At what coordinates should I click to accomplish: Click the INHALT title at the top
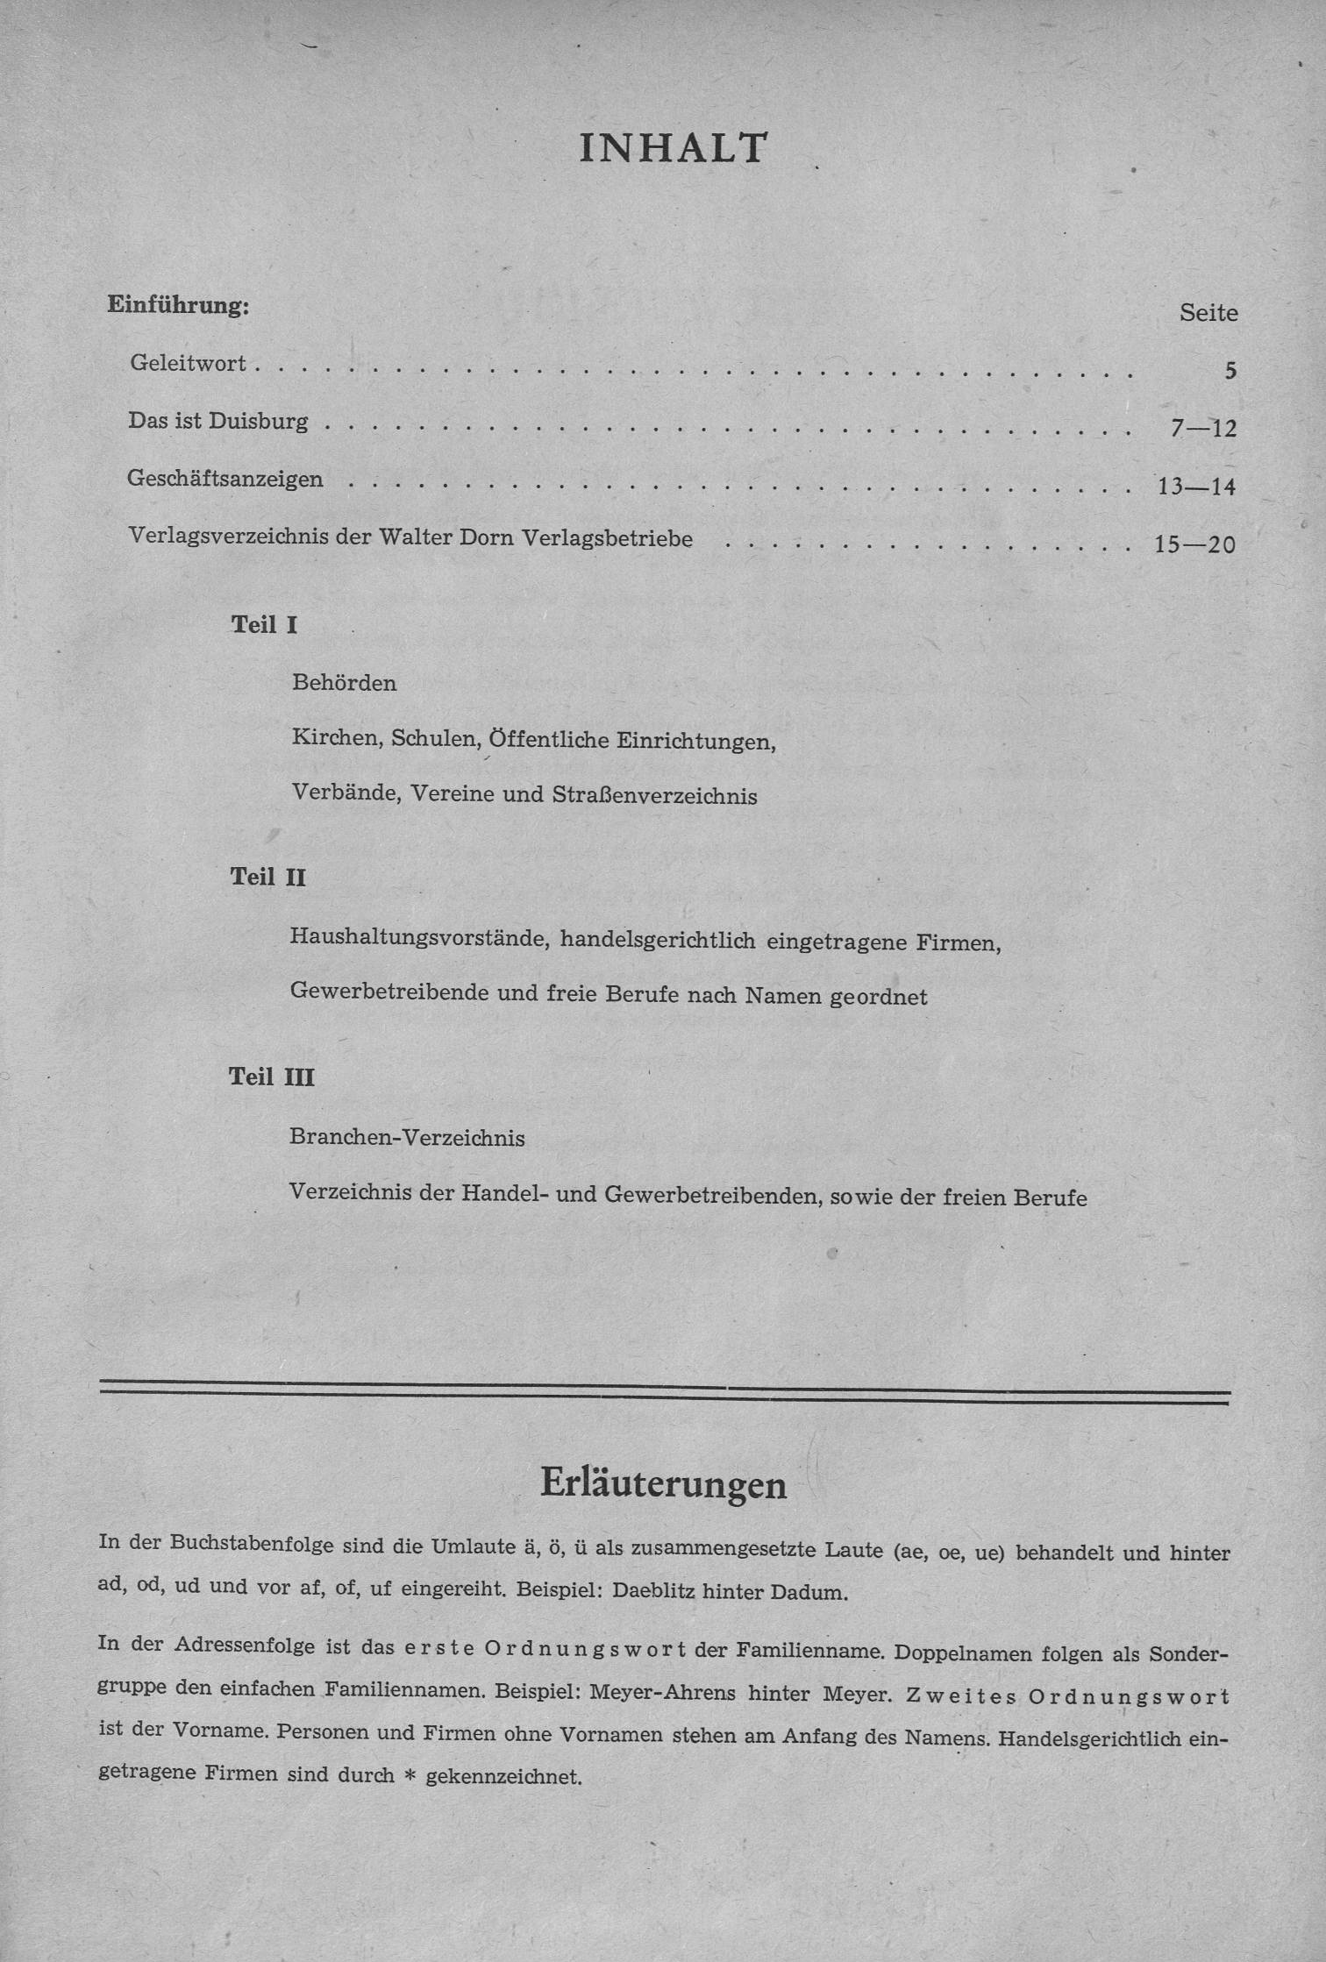click(673, 148)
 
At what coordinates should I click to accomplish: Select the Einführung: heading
click(178, 306)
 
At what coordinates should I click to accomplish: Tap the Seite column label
click(1208, 313)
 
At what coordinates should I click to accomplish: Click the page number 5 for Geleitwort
click(1230, 371)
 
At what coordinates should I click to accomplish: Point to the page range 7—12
click(1202, 429)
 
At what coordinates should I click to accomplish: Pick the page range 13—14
click(1196, 487)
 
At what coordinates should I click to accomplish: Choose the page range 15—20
click(1194, 544)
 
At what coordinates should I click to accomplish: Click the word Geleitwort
click(188, 363)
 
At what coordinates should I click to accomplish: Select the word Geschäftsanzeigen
click(225, 480)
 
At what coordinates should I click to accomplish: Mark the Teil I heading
click(264, 625)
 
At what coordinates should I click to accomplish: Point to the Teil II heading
click(267, 878)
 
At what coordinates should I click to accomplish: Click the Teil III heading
click(271, 1077)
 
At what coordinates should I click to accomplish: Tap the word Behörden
click(344, 683)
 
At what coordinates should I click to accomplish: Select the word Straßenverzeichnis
click(654, 796)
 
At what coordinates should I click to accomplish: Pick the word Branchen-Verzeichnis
click(407, 1139)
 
